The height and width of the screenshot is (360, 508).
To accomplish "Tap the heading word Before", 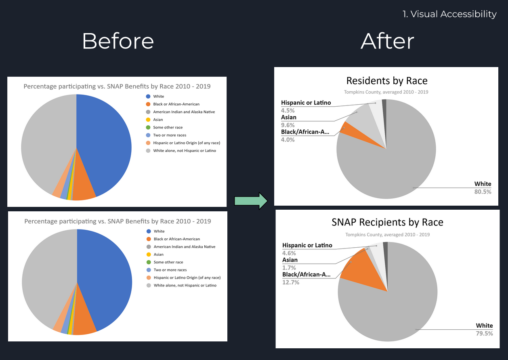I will pos(118,41).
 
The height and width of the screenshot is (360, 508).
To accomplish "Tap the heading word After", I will pos(387,41).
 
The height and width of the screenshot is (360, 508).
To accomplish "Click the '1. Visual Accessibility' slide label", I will pos(449,14).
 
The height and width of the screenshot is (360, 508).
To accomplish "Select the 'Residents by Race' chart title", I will pos(386,80).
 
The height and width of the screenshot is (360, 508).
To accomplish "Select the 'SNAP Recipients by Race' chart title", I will pos(387,222).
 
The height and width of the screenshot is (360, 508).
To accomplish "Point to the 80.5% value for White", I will pos(483,192).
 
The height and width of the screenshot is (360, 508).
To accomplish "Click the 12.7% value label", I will pos(291,282).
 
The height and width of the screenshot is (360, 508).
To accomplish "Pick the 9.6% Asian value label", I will pos(288,125).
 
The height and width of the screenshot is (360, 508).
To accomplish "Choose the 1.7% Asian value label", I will pos(289,267).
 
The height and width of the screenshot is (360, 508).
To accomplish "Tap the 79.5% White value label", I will pos(484,333).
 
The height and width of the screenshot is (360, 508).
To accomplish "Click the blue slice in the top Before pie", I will pos(109,141).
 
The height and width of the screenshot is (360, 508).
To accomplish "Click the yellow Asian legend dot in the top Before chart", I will pos(148,120).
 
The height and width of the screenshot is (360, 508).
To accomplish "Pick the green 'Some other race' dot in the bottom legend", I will pos(149,262).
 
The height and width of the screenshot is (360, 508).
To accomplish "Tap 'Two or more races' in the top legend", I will pos(170,135).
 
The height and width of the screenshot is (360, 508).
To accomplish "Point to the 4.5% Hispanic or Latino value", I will pos(288,110).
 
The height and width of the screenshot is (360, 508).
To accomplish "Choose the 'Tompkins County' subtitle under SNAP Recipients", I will pos(387,234).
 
